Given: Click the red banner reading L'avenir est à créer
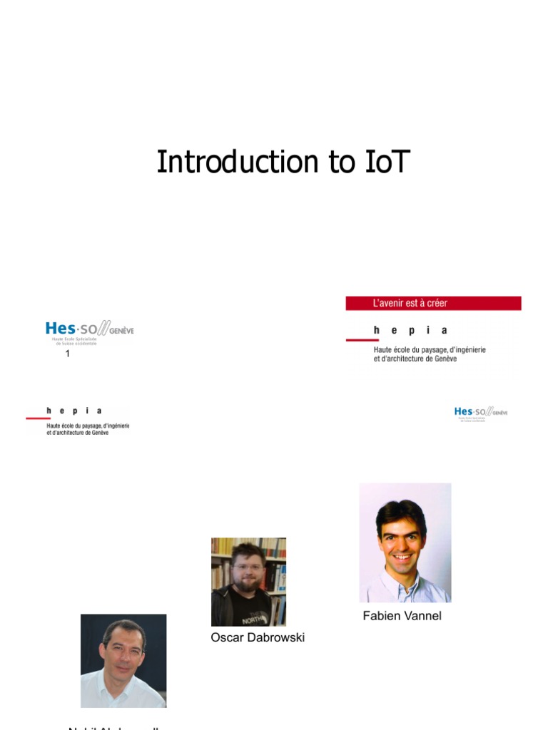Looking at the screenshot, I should click(433, 303).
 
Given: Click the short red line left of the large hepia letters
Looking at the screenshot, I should click(362, 340).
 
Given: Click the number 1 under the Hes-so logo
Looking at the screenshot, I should click(68, 354).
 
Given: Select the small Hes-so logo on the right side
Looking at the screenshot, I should click(480, 413).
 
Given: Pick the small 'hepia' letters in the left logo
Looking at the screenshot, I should click(74, 411).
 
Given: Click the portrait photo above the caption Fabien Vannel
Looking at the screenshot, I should click(405, 543).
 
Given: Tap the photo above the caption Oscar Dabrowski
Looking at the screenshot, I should click(248, 582).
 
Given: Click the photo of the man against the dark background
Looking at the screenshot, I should click(123, 660).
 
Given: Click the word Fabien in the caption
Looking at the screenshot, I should click(380, 616).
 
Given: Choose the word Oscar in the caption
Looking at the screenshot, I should click(226, 637).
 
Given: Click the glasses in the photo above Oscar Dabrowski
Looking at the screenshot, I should click(248, 569).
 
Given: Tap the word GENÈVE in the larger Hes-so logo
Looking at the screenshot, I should click(121, 331).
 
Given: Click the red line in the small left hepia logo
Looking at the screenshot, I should click(38, 418).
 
